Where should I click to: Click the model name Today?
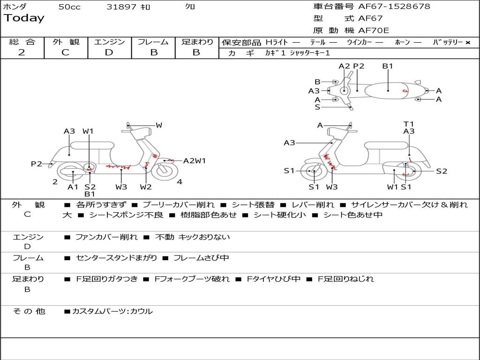24,18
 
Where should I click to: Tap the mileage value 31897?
121,7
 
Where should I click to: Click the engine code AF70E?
374,31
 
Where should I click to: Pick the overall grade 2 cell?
22,52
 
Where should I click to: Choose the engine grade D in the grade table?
109,52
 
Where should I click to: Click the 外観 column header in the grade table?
66,42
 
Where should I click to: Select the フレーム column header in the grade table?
153,42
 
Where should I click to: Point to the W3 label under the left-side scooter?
121,187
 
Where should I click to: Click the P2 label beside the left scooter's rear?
37,164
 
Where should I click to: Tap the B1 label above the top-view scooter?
388,66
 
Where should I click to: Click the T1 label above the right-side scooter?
409,124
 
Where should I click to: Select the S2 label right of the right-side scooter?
442,171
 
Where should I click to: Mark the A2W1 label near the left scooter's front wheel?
195,161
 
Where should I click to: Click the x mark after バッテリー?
467,42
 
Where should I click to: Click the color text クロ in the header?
190,7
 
